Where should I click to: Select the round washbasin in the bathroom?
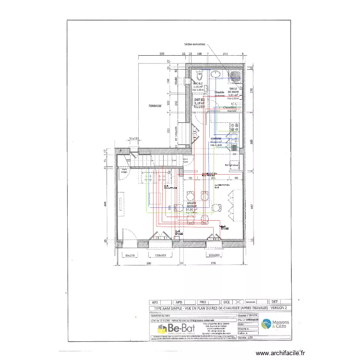tap(216, 75)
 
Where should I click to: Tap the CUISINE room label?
tap(216, 139)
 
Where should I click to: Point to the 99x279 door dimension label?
tap(131, 256)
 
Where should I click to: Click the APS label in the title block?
tap(155, 302)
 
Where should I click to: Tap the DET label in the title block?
tap(276, 302)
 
